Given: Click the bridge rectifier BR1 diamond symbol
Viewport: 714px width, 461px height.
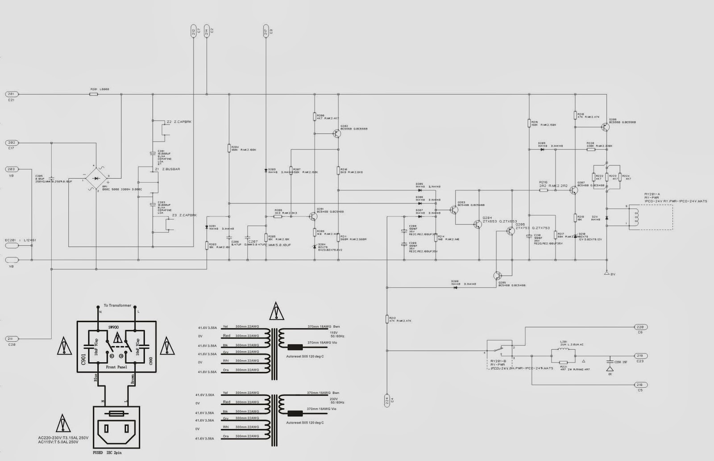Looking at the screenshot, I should click(96, 178).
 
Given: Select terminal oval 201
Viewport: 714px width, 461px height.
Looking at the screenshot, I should click(11, 94).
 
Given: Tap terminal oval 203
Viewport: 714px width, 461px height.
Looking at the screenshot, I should click(11, 169).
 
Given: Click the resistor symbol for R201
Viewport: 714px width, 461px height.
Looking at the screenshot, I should click(94, 94).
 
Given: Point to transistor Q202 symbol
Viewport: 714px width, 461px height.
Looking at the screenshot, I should click(336, 133).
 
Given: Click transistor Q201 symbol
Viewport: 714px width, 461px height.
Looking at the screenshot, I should click(313, 216).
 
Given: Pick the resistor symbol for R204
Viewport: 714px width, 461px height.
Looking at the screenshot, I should click(229, 149).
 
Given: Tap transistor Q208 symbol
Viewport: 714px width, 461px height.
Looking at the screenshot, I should click(605, 127).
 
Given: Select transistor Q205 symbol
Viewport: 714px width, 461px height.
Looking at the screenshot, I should click(499, 276).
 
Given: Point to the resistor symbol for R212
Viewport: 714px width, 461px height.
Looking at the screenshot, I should click(387, 319).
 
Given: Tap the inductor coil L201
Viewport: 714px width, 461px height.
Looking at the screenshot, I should click(563, 349).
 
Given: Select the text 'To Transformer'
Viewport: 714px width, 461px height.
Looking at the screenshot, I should click(117, 306).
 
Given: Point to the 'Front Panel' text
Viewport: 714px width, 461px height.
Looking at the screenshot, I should click(117, 367).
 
